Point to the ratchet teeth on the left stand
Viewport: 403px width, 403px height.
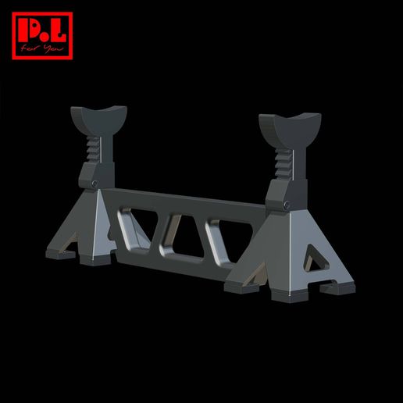pos(93,147)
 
